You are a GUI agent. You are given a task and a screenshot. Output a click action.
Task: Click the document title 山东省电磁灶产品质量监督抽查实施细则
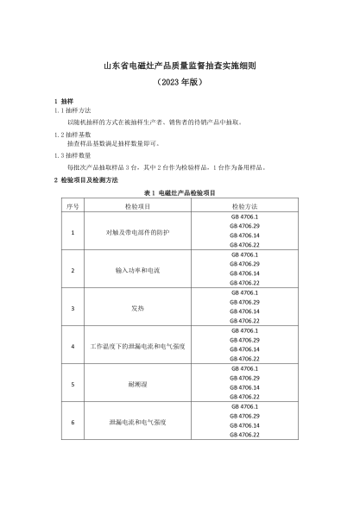pyautogui.click(x=180, y=65)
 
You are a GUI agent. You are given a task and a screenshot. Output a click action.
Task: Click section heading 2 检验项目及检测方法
pyautogui.click(x=85, y=179)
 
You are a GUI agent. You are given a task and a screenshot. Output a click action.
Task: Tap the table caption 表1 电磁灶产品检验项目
pyautogui.click(x=180, y=193)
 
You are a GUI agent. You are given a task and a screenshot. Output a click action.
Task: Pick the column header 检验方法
pyautogui.click(x=244, y=207)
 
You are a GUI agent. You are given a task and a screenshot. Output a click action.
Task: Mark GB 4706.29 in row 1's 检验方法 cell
pyautogui.click(x=244, y=226)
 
